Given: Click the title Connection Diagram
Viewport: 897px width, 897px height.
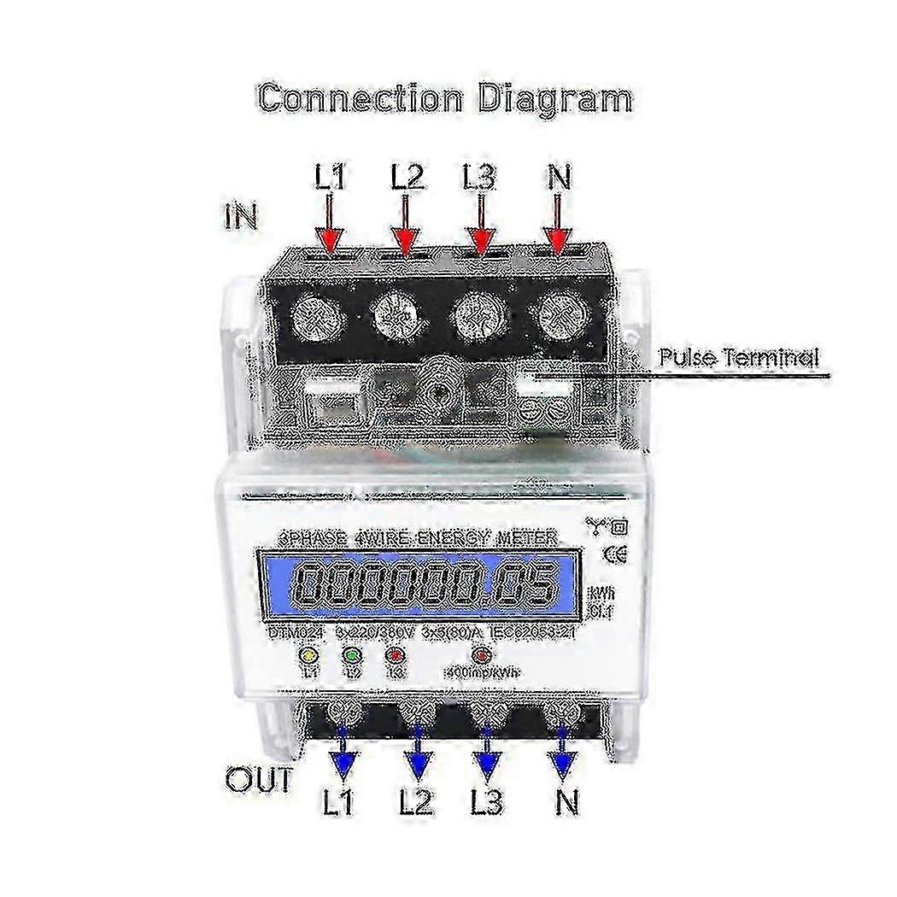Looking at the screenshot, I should pos(445,97).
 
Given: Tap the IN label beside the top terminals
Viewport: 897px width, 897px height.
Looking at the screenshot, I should pos(241,215).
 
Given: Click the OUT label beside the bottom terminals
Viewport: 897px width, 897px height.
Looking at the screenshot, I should pos(258,779).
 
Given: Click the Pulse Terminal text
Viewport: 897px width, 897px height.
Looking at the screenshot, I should pos(737,356).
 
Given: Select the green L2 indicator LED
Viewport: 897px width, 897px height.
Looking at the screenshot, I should pos(352,656).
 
